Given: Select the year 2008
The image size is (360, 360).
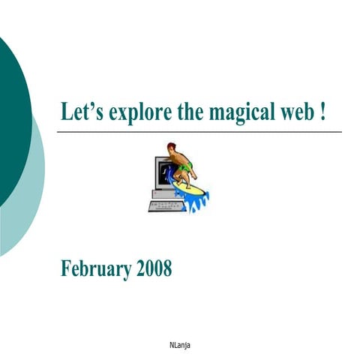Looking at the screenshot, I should click(x=154, y=268).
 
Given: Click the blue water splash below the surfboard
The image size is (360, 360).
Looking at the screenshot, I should click(x=196, y=200).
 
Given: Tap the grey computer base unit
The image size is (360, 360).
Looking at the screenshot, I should click(x=163, y=193).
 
